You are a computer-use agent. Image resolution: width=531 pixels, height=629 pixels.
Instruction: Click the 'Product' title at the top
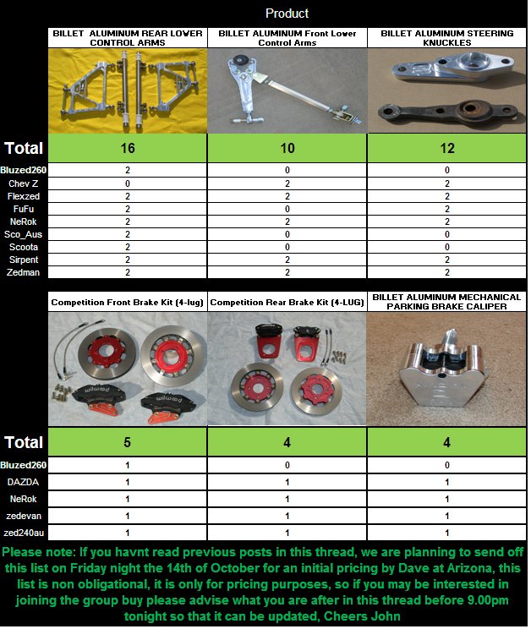[x=287, y=14]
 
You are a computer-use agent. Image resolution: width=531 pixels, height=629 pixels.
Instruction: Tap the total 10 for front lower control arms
[x=287, y=148]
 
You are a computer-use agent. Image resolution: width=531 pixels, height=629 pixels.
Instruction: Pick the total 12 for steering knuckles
[x=447, y=148]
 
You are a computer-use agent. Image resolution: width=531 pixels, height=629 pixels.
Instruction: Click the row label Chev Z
[x=24, y=183]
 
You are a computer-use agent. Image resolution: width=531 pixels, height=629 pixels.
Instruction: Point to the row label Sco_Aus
[x=24, y=234]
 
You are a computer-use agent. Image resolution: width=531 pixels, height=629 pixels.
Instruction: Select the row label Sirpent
[x=24, y=260]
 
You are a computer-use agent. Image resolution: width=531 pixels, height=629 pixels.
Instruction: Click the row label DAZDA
[x=24, y=482]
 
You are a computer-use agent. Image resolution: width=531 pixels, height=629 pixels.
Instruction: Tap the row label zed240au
[x=24, y=533]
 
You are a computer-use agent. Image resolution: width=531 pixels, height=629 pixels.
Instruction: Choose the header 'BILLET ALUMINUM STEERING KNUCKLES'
[x=447, y=38]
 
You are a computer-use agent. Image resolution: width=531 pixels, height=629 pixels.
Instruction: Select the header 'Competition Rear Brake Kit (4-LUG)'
[x=287, y=302]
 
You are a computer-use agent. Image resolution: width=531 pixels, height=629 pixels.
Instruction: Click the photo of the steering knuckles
[x=447, y=91]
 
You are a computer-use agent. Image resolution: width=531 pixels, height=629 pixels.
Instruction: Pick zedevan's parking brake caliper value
[x=447, y=516]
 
